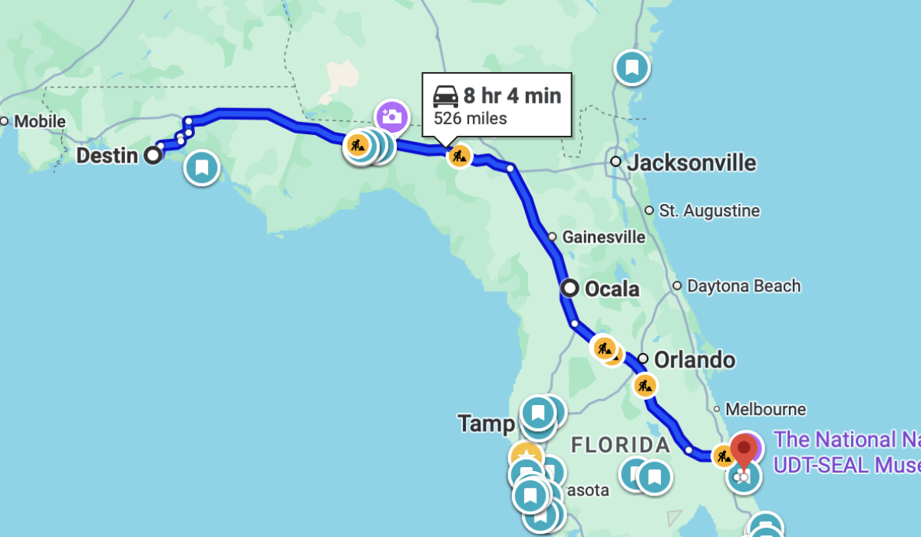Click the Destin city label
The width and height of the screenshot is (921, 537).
[107, 156]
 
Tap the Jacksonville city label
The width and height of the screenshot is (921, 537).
[691, 163]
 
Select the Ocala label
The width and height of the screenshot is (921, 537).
[612, 289]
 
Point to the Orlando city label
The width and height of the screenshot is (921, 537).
[695, 360]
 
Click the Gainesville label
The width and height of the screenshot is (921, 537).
[603, 237]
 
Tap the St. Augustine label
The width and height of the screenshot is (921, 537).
[709, 211]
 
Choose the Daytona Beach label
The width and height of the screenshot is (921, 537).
[743, 286]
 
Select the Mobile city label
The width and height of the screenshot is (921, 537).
[39, 121]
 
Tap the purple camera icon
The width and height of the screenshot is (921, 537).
[392, 117]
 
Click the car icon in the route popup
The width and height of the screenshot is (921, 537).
[446, 96]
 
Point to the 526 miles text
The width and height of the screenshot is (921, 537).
[470, 118]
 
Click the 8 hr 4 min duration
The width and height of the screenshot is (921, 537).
[512, 96]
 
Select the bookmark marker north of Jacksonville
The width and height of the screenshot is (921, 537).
[632, 68]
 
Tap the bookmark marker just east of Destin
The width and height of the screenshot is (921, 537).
[202, 167]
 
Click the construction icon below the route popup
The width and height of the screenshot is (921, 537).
[459, 156]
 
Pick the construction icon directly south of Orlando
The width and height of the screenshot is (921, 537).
[645, 385]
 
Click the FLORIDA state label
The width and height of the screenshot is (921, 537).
[621, 445]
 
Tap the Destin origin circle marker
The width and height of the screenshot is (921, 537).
[153, 156]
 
